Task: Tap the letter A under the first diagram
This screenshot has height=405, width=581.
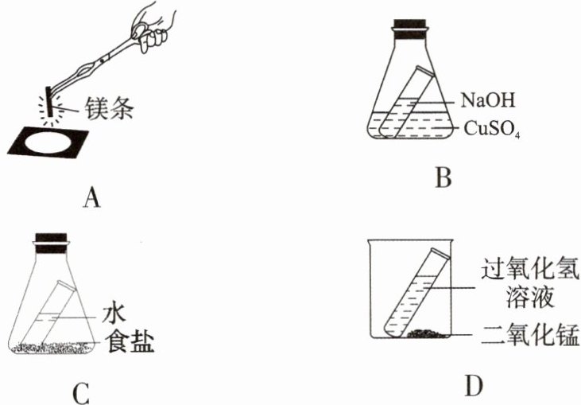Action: pos(93,195)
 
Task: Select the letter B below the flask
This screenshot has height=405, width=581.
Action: pos(443,177)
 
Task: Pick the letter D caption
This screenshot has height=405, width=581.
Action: pos(474,386)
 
